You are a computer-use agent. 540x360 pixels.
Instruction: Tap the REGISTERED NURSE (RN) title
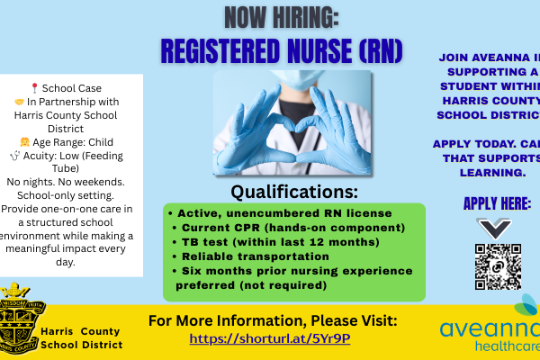pos(281,49)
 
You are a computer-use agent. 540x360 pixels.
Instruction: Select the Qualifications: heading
pos(294,191)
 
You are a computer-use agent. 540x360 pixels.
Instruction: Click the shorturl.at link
pos(270,338)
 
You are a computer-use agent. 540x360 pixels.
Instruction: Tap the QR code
pos(499,266)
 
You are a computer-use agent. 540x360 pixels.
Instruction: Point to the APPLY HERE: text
pos(497,203)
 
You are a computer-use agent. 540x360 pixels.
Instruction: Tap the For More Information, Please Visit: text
pos(271,319)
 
